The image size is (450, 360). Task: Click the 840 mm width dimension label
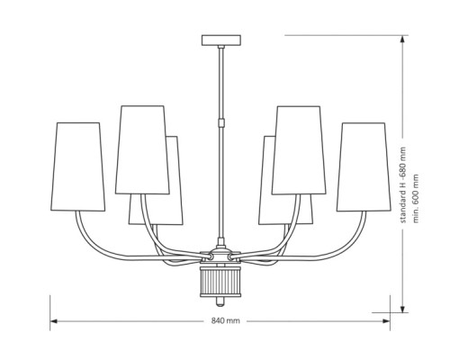pyautogui.click(x=226, y=320)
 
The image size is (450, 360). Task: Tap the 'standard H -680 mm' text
pyautogui.click(x=403, y=184)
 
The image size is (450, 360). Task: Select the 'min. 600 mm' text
pyautogui.click(x=416, y=198)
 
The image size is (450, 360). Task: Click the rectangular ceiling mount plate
pyautogui.click(x=221, y=40)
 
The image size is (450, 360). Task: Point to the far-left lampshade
pyautogui.click(x=78, y=166)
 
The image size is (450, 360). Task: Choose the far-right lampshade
pyautogui.click(x=364, y=166)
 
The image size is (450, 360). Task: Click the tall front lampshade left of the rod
pyautogui.click(x=142, y=149)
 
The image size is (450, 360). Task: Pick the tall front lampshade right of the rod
pyautogui.click(x=299, y=150)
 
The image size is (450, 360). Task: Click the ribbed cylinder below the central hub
pyautogui.click(x=220, y=281)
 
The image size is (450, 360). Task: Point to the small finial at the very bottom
pyautogui.click(x=220, y=301)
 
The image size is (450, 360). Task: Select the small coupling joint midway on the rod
pyautogui.click(x=221, y=123)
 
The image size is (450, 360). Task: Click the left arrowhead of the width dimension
pyautogui.click(x=53, y=321)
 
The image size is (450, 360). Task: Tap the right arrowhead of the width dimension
pyautogui.click(x=387, y=321)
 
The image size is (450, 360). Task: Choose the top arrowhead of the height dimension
pyautogui.click(x=402, y=40)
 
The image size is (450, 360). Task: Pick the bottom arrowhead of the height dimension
pyautogui.click(x=402, y=309)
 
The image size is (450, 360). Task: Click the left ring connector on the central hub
pyautogui.click(x=209, y=257)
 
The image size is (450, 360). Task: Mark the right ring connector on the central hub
pyautogui.click(x=232, y=257)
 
